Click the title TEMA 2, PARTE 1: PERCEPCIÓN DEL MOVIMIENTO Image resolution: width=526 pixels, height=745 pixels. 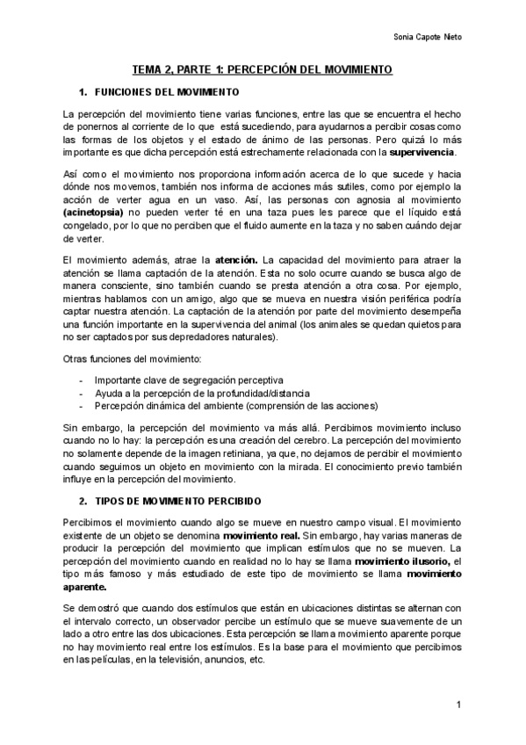(263, 69)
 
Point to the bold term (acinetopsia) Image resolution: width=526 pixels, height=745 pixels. (96, 213)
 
